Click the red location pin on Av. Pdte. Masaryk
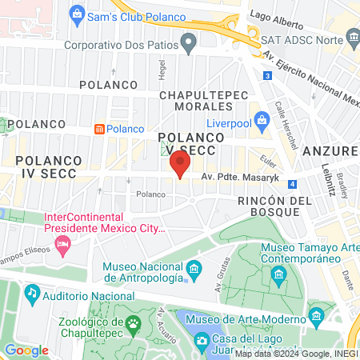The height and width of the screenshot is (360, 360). (180, 165)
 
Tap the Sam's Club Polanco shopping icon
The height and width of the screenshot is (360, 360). (77, 13)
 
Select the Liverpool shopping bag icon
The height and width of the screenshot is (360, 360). (261, 122)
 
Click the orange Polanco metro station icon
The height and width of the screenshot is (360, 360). (99, 129)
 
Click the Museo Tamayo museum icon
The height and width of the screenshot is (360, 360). (278, 277)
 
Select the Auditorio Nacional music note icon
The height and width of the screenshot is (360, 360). (32, 294)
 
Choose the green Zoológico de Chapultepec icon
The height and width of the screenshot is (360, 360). (133, 323)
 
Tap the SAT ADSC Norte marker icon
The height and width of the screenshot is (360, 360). (353, 38)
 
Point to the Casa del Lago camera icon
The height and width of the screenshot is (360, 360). (202, 341)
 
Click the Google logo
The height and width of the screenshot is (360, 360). (26, 350)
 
